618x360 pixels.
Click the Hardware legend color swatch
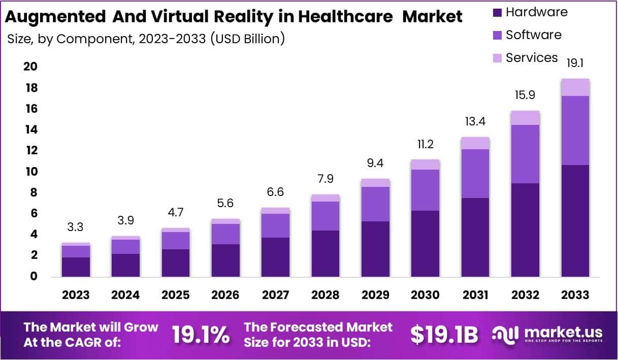tap(497, 12)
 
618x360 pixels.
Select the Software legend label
tap(533, 35)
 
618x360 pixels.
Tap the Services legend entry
tap(532, 58)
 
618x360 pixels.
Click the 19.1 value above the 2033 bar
tap(575, 63)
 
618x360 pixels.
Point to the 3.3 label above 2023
tap(76, 227)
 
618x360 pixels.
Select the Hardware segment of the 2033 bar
tap(575, 220)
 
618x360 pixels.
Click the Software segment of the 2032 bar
tap(526, 154)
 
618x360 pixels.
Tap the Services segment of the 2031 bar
tap(475, 143)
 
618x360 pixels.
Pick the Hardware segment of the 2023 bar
tap(76, 267)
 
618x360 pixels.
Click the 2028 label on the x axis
tap(325, 295)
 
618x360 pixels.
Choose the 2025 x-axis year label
tap(175, 295)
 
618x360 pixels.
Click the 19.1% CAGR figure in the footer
tap(200, 335)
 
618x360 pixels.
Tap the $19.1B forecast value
tap(444, 335)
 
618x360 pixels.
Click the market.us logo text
tap(563, 333)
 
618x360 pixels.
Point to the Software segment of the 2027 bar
tap(275, 225)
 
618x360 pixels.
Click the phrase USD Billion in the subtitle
tap(246, 39)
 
